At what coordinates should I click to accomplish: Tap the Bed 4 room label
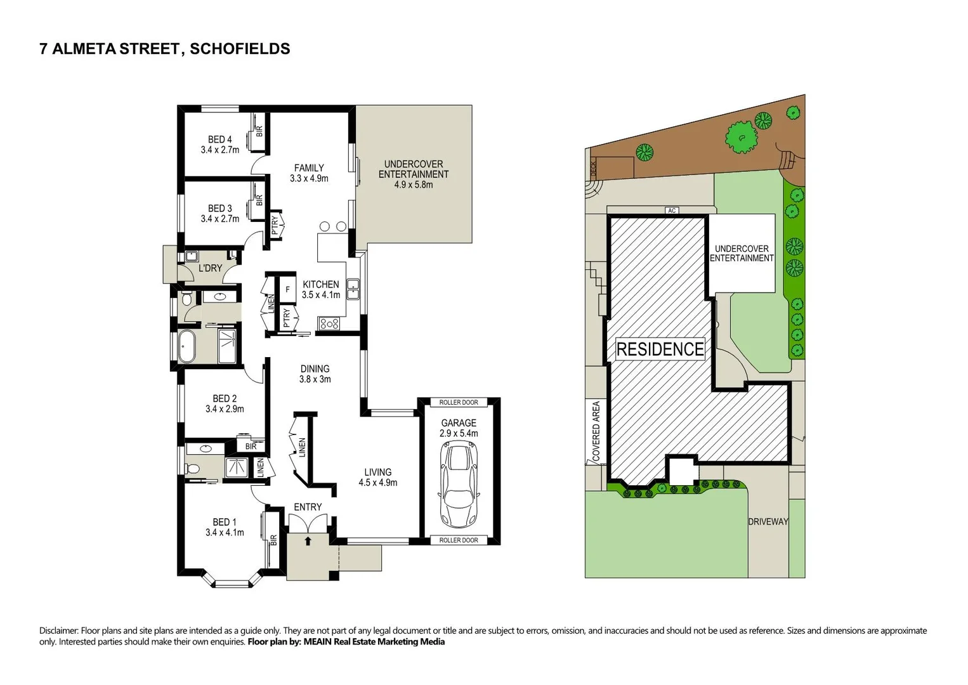click(x=220, y=145)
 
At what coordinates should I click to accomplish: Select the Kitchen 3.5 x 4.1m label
click(x=321, y=290)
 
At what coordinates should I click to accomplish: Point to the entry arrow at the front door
click(x=308, y=541)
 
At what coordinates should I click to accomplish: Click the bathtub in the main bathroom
click(x=186, y=347)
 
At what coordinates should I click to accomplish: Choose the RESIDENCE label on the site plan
click(x=660, y=349)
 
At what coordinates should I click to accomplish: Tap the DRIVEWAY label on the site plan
click(x=768, y=521)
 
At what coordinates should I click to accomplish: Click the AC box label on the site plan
click(x=672, y=211)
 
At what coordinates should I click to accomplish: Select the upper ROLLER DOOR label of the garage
click(x=459, y=403)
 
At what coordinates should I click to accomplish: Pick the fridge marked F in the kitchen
click(x=287, y=290)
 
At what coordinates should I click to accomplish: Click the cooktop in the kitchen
click(x=329, y=324)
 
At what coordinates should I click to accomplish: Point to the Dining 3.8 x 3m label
click(x=315, y=374)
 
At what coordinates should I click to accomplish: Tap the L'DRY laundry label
click(x=210, y=268)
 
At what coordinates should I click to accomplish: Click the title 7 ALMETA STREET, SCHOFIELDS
click(x=165, y=49)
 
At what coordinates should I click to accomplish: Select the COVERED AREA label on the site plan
click(x=596, y=431)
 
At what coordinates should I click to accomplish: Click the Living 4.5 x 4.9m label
click(x=378, y=477)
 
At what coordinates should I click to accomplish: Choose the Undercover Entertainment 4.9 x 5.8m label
click(x=414, y=174)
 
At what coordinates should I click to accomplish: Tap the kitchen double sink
click(x=353, y=289)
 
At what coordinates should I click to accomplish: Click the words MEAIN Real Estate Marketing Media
click(x=374, y=642)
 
